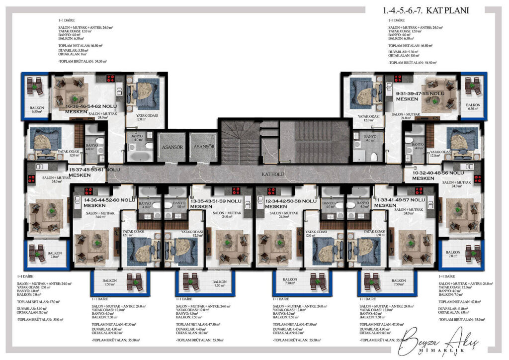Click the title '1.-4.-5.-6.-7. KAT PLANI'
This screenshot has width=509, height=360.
tap(426, 10)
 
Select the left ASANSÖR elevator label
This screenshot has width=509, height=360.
tap(171, 147)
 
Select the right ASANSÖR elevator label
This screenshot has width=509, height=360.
tap(204, 147)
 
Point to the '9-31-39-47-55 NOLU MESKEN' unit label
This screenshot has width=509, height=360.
tap(420, 96)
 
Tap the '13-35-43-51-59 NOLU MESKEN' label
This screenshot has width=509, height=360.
tap(216, 203)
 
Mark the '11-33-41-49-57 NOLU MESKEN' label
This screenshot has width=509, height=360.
tap(400, 202)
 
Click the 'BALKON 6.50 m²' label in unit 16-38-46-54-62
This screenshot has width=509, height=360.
tap(37, 109)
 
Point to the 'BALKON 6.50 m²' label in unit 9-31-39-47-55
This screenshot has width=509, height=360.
tap(473, 107)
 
